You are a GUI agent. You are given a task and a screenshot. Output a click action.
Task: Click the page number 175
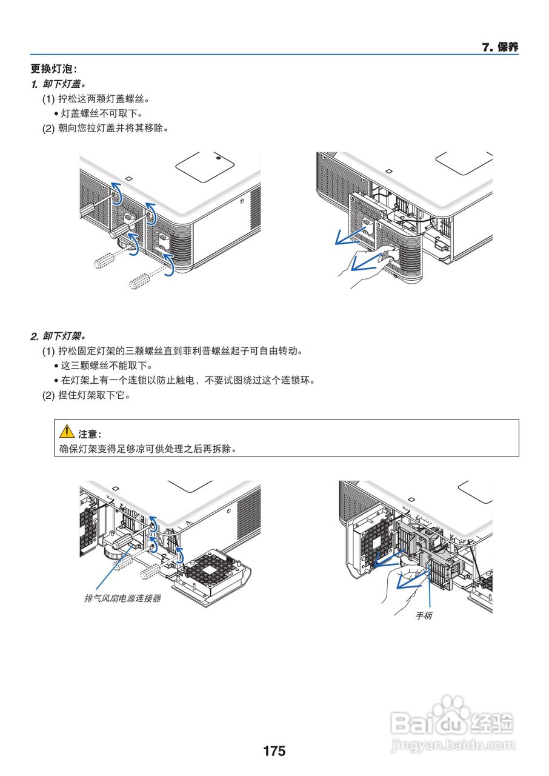pos(274,751)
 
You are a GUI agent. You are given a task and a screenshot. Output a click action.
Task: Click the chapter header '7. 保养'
pos(500,47)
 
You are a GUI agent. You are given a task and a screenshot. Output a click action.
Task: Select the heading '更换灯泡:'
pos(55,69)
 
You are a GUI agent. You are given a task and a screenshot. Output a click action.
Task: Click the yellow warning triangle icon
pos(66,432)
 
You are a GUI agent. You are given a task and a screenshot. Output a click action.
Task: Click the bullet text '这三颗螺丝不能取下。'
pos(106,366)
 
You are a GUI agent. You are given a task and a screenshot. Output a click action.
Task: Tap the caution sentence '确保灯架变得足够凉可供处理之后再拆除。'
pos(147,449)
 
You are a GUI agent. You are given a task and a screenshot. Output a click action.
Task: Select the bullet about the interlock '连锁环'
pos(188,381)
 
